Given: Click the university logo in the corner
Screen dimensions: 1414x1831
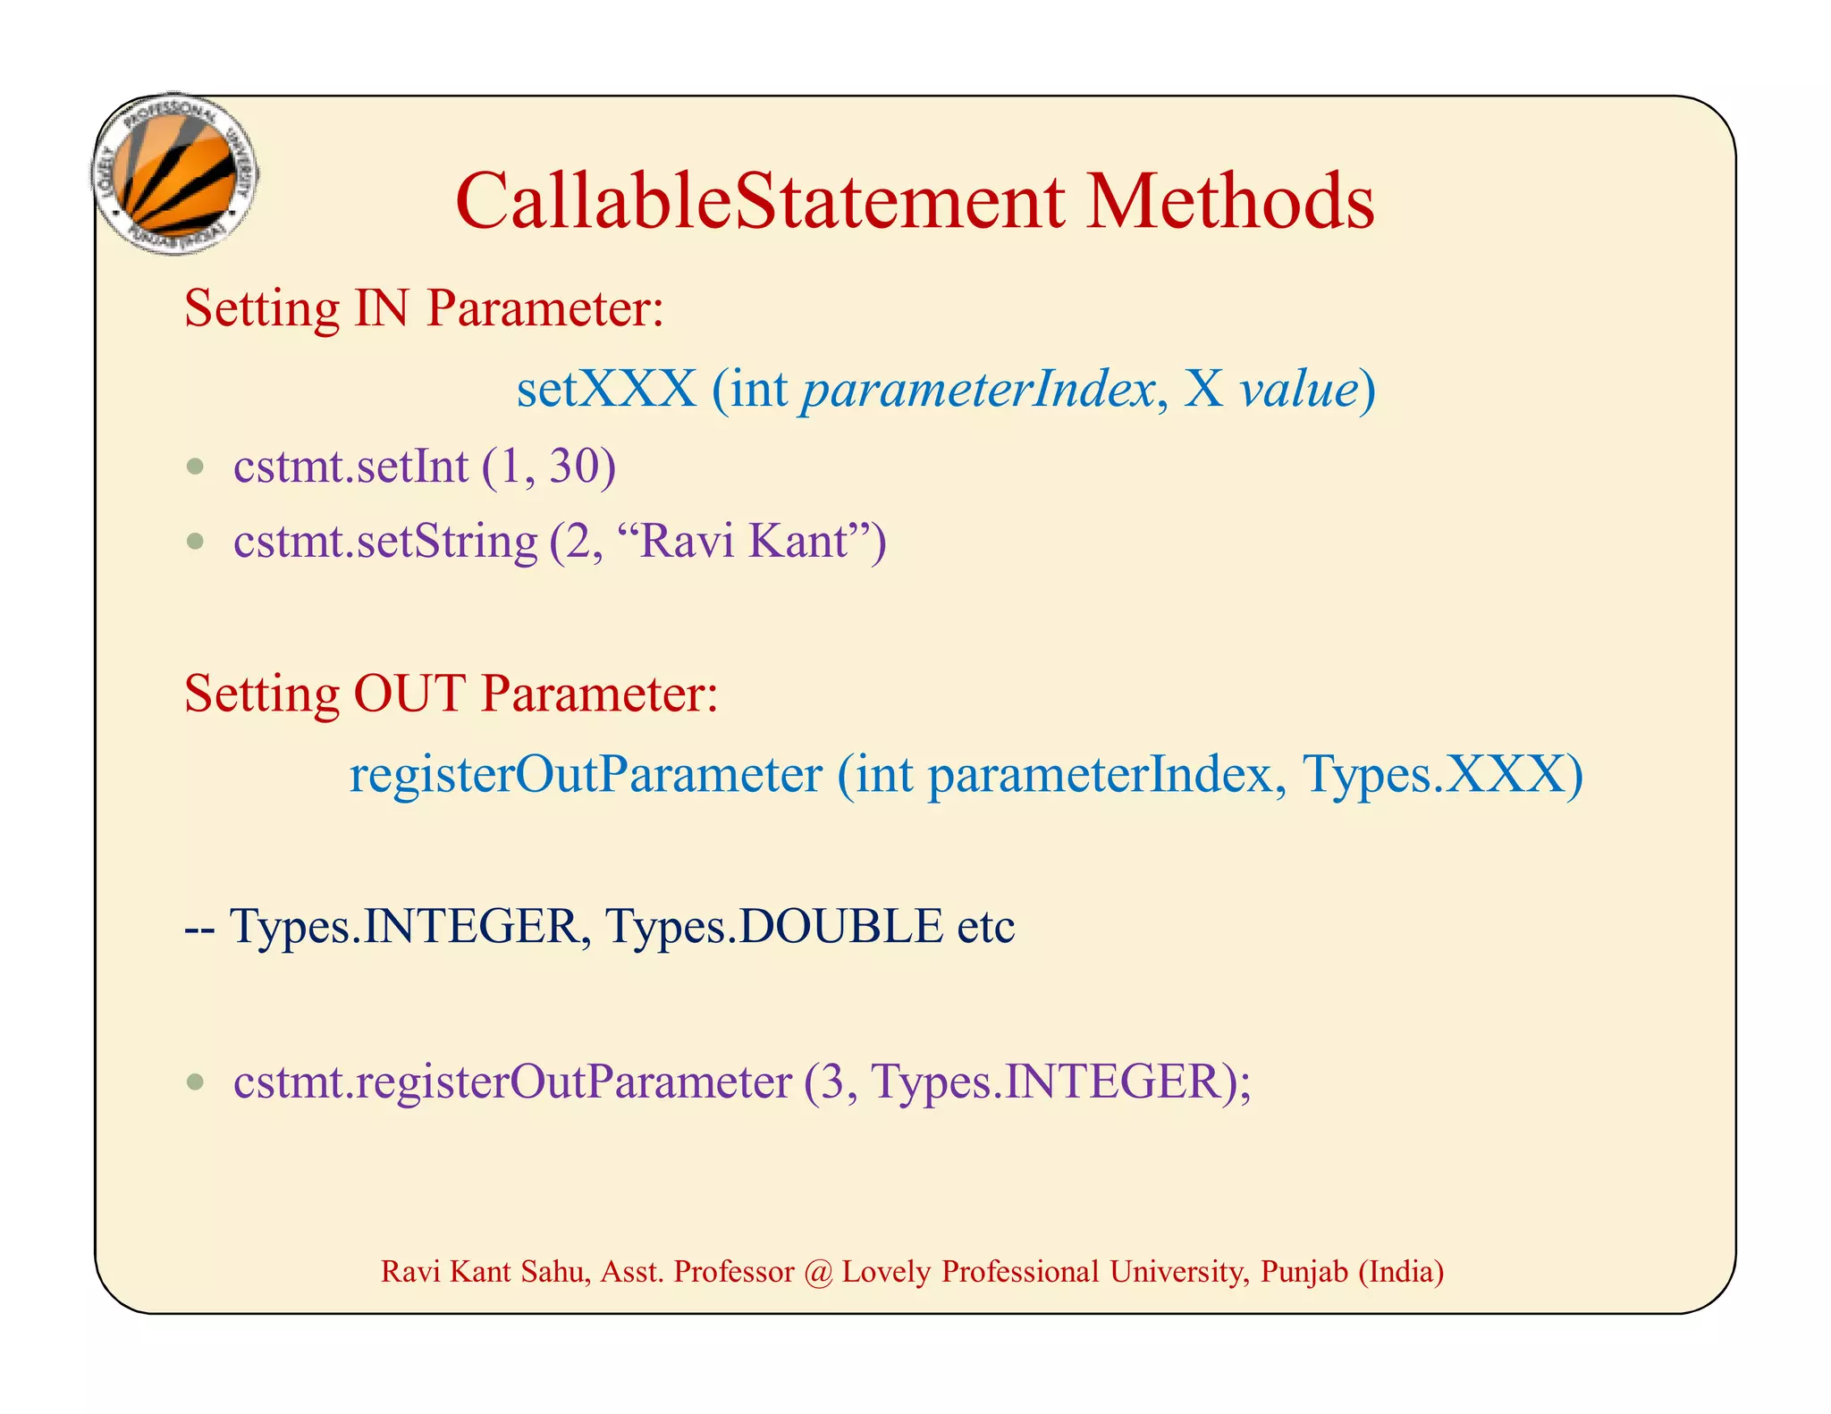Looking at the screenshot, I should [176, 174].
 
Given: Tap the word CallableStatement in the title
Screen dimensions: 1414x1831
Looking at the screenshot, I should [760, 202].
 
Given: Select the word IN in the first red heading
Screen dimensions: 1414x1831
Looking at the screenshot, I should [382, 308].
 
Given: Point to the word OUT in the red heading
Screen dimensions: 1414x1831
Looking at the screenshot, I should [409, 694].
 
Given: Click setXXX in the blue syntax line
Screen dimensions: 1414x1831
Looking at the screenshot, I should [606, 390].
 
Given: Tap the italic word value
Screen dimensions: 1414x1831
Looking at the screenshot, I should [1298, 390].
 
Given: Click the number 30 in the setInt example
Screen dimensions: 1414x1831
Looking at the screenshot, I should [574, 467].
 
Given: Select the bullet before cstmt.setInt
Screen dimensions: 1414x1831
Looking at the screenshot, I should [196, 467].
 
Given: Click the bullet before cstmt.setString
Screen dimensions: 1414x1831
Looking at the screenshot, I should [196, 542].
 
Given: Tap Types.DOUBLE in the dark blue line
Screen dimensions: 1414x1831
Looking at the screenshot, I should [773, 926].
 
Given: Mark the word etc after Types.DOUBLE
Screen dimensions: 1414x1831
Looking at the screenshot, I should [985, 927].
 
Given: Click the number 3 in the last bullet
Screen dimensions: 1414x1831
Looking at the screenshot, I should [832, 1082].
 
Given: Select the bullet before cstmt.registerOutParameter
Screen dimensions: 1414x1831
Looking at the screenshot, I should [196, 1083].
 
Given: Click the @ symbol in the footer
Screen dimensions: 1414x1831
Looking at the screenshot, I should [818, 1272].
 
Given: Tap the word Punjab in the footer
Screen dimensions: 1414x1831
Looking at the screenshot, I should [1304, 1272].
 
